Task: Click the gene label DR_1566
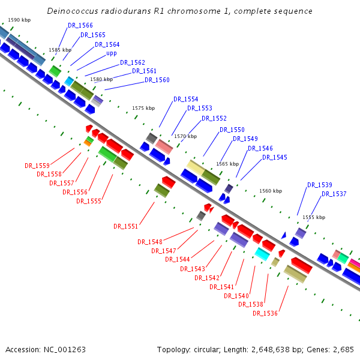(x=80, y=25)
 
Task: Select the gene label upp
(x=112, y=53)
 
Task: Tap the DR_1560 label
(x=157, y=80)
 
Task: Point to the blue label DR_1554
(x=186, y=99)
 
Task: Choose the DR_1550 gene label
(x=232, y=130)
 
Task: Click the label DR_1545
(x=275, y=157)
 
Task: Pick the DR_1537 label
(x=334, y=194)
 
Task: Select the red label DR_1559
(x=37, y=165)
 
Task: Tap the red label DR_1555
(x=88, y=201)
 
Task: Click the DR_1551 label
(x=126, y=226)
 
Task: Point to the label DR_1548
(x=150, y=242)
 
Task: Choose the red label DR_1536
(x=265, y=313)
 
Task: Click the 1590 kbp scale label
(x=19, y=20)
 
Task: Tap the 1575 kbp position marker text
(x=143, y=108)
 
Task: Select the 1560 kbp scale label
(x=271, y=191)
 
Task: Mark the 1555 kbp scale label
(x=314, y=217)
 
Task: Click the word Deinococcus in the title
(x=70, y=11)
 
